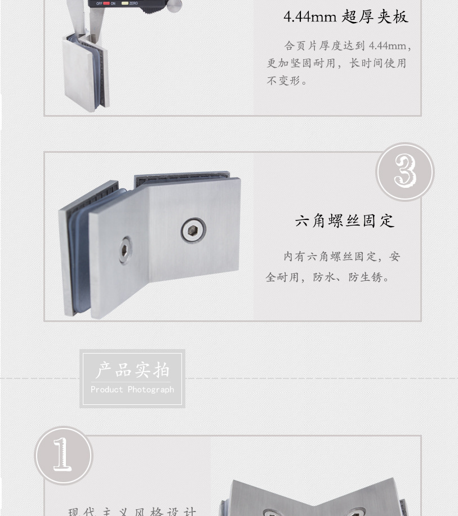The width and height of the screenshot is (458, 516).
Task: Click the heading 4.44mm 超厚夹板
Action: [345, 17]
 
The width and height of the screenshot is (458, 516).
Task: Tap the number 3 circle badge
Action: [404, 171]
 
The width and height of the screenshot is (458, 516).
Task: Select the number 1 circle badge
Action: [63, 455]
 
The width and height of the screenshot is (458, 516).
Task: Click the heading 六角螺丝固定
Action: [344, 220]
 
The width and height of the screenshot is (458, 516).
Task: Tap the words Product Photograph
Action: [132, 390]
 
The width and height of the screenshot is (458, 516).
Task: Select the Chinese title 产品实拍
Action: [132, 371]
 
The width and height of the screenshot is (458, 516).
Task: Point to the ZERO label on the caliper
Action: [133, 3]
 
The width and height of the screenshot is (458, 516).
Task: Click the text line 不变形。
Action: [287, 81]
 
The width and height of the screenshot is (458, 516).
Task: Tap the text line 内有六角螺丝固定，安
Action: [341, 257]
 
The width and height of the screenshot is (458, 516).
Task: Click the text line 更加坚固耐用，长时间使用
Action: [336, 63]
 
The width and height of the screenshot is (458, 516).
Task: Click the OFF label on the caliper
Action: [99, 3]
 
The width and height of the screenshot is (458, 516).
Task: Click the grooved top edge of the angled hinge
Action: [186, 179]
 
